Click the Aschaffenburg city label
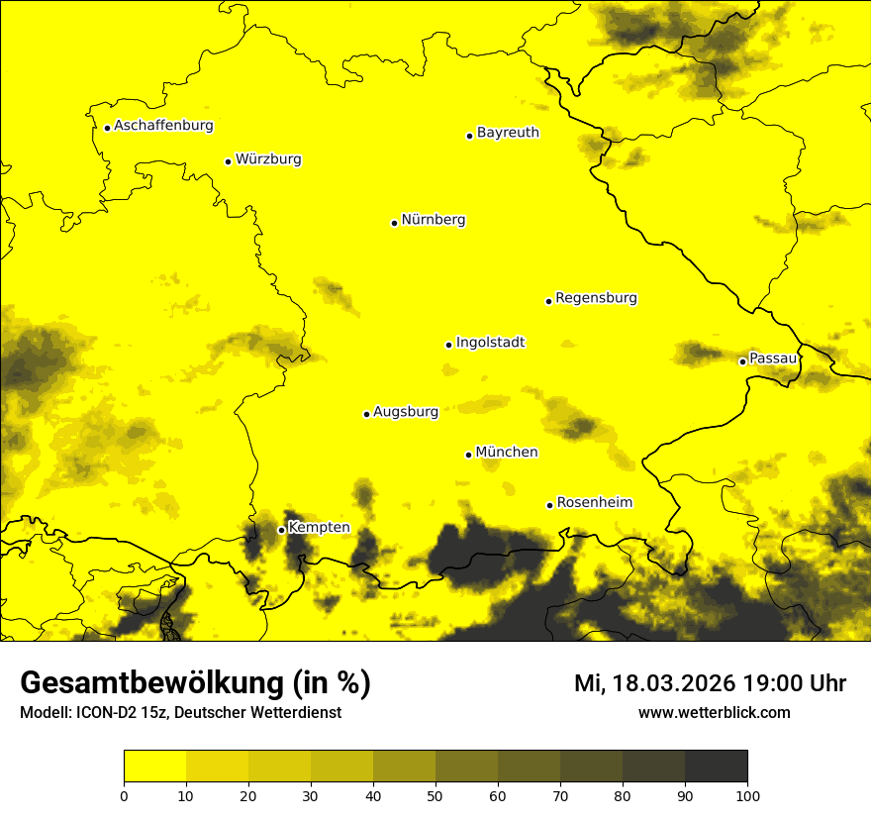[163, 126]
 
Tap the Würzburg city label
[268, 159]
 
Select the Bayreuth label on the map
[508, 133]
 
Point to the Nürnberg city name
[434, 220]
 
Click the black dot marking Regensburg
[548, 301]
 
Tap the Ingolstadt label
[490, 343]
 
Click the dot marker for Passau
[742, 361]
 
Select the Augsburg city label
[406, 412]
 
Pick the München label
[507, 453]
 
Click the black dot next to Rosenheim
[549, 505]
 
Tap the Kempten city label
[319, 528]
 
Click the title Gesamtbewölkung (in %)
[195, 683]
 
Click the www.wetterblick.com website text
[714, 712]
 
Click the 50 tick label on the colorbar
[435, 795]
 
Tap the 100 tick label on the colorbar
[747, 795]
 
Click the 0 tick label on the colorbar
[124, 795]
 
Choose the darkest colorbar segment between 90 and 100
[716, 767]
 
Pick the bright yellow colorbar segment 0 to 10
[154, 767]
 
